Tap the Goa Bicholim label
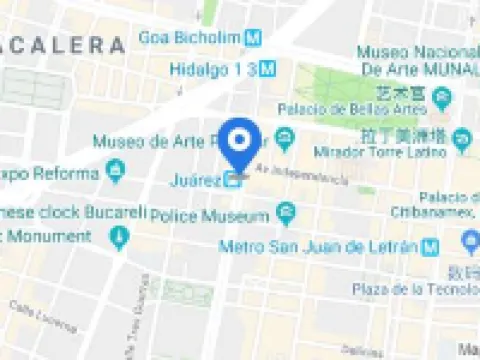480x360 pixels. [x=190, y=38]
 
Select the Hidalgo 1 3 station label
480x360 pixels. [x=214, y=69]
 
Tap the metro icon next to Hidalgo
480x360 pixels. [x=268, y=69]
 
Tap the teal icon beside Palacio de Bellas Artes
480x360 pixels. [x=442, y=99]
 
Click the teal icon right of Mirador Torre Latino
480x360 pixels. [x=461, y=140]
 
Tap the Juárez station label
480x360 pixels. [x=194, y=181]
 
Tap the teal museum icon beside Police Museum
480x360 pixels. [x=287, y=213]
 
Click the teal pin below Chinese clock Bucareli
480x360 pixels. [x=120, y=238]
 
